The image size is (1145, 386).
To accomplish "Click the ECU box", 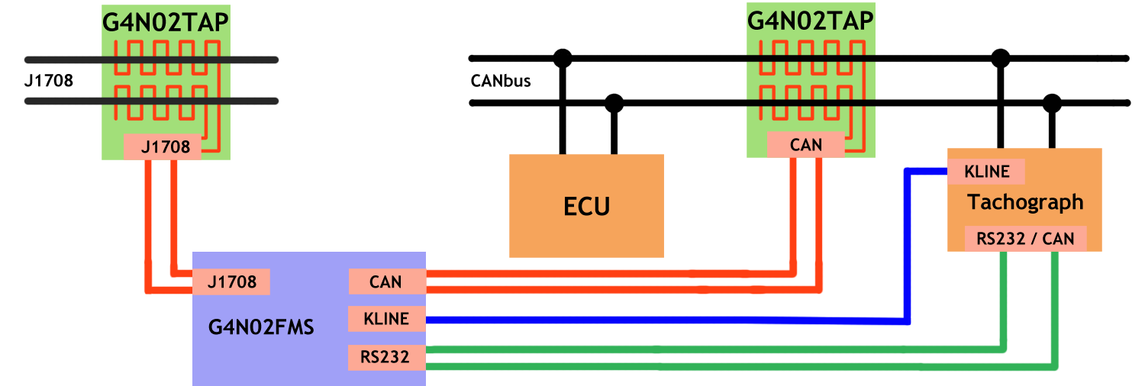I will click(x=586, y=206).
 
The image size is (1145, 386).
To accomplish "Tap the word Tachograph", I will click(x=1024, y=202).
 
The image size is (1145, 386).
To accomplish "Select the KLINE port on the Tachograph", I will click(x=986, y=172).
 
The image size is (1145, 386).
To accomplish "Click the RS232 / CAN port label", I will click(x=1025, y=239).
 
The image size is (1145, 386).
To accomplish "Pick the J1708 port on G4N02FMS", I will click(x=231, y=282).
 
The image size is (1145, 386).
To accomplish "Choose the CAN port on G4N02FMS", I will click(x=385, y=281).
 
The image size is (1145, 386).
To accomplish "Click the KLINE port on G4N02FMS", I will click(x=386, y=318).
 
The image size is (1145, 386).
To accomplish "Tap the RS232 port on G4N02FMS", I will click(x=385, y=356).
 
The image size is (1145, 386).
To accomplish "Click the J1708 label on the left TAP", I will click(x=163, y=146).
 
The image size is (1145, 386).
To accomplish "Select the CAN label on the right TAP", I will click(x=806, y=144).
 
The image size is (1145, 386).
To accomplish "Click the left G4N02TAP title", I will click(x=166, y=21).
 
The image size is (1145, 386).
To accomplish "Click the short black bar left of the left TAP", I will click(x=48, y=81).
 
